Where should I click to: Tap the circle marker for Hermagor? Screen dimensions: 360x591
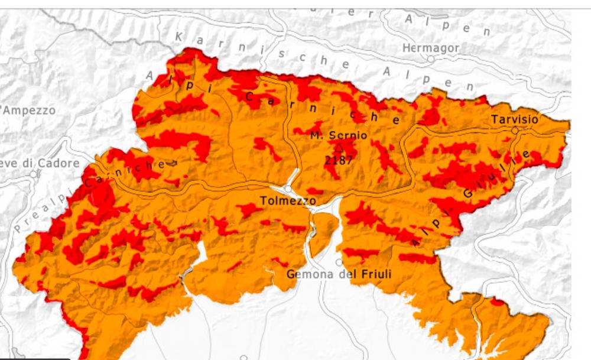(431, 59)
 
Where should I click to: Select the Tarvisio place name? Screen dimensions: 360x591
(514, 119)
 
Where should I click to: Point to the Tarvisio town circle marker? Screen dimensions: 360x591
(515, 130)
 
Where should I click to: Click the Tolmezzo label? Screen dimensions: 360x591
(288, 202)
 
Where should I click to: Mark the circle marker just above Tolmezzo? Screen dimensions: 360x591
(287, 189)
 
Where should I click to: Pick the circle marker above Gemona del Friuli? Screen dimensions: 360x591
(339, 262)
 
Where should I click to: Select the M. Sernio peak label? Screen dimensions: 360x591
(338, 135)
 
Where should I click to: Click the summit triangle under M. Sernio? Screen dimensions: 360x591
(339, 147)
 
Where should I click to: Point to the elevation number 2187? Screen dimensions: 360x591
(339, 159)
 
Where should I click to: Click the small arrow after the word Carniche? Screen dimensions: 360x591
(172, 163)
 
